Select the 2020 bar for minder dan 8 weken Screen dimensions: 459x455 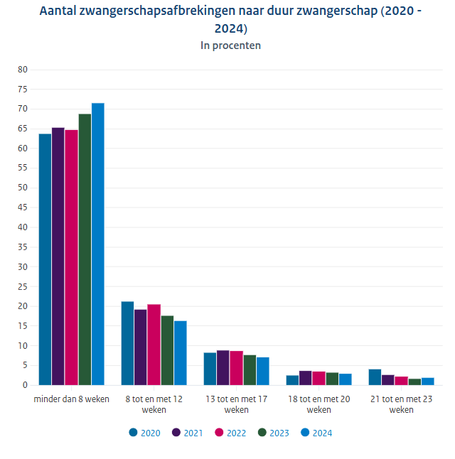[45, 259]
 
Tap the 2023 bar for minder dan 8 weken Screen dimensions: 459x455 [85, 249]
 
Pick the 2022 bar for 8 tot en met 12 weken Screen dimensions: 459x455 [154, 345]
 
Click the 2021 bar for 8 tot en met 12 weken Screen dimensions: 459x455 [140, 347]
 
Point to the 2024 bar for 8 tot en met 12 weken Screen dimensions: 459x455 [181, 353]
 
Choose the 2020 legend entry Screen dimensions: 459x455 [145, 433]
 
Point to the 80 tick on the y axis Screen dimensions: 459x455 [22, 70]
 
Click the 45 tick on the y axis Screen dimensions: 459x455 [22, 207]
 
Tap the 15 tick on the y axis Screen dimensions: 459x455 [22, 326]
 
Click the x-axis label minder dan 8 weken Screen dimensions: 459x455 [71, 399]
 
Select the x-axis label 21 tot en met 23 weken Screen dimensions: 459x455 [401, 404]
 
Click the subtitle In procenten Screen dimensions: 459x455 [230, 45]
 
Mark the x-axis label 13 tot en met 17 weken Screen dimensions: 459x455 [236, 404]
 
